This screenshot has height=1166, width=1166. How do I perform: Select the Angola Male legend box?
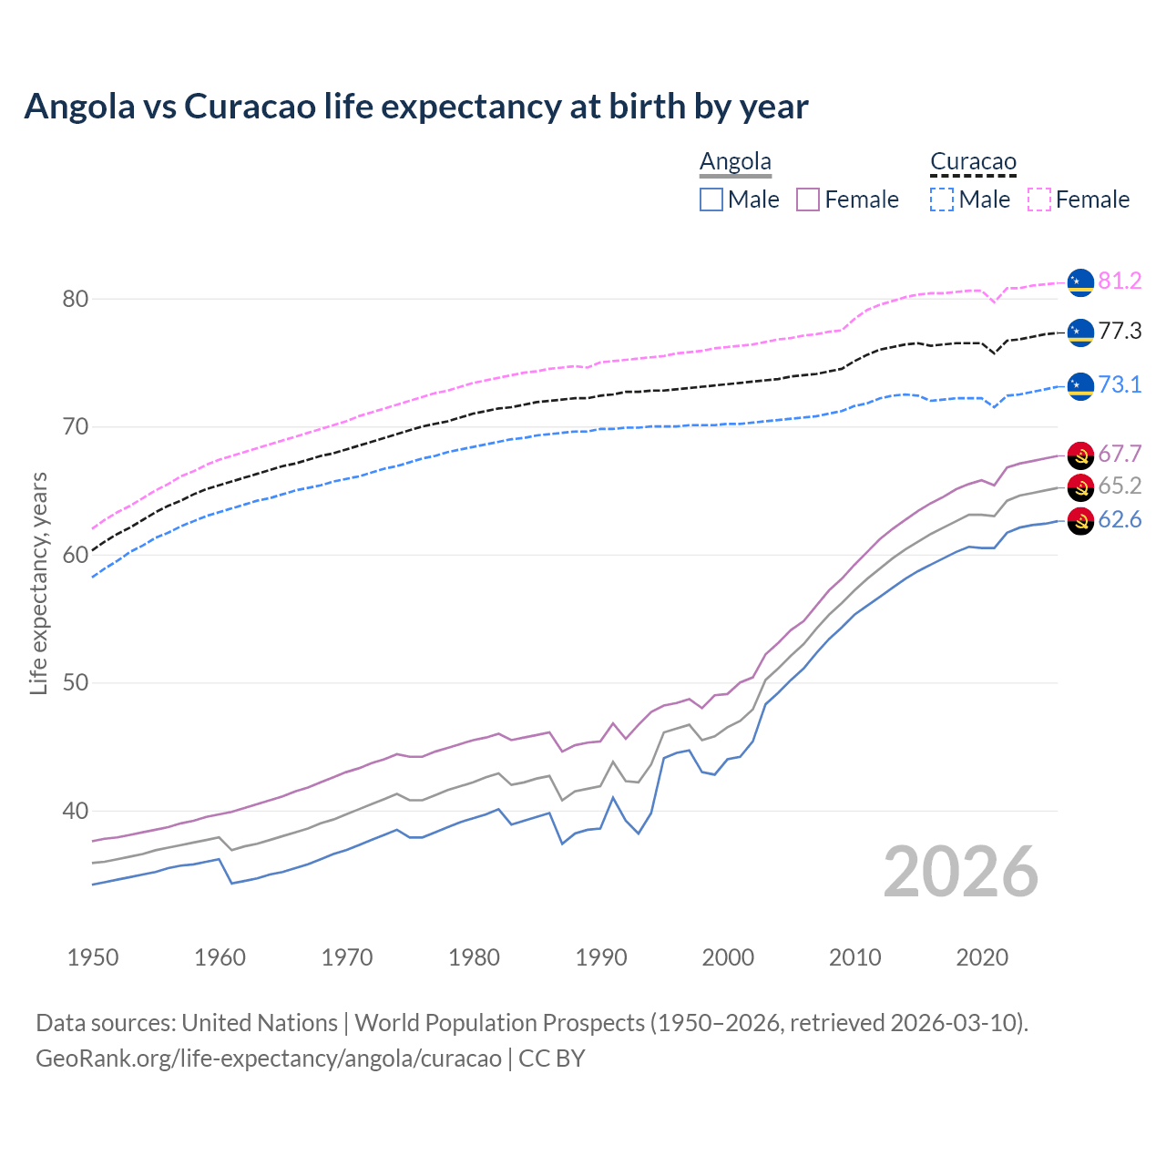click(711, 199)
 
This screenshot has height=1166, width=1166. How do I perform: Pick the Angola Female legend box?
click(808, 199)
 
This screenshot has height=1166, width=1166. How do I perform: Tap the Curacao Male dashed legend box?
click(942, 199)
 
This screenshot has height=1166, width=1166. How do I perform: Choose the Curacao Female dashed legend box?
click(1039, 199)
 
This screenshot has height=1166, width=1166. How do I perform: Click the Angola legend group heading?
click(735, 162)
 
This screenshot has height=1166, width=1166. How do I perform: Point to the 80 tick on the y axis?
click(76, 299)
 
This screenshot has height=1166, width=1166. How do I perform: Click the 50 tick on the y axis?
click(76, 683)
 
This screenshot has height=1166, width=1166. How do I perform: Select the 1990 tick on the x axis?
click(601, 957)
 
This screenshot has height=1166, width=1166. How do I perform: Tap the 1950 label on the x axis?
click(94, 957)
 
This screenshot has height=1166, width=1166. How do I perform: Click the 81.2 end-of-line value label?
click(1120, 281)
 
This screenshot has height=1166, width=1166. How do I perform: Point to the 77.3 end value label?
click(1120, 331)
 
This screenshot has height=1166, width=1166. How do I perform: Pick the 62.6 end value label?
click(1120, 520)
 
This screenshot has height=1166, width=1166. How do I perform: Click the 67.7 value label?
click(1120, 454)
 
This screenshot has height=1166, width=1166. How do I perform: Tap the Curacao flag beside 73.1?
click(1080, 385)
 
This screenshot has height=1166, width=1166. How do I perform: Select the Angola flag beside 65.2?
click(1080, 486)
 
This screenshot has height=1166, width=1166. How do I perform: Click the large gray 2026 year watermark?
click(961, 873)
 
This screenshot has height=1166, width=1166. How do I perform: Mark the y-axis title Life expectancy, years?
click(38, 583)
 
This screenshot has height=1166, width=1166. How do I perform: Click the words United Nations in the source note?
click(260, 1023)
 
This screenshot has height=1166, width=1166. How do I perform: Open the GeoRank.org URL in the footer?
click(269, 1059)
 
